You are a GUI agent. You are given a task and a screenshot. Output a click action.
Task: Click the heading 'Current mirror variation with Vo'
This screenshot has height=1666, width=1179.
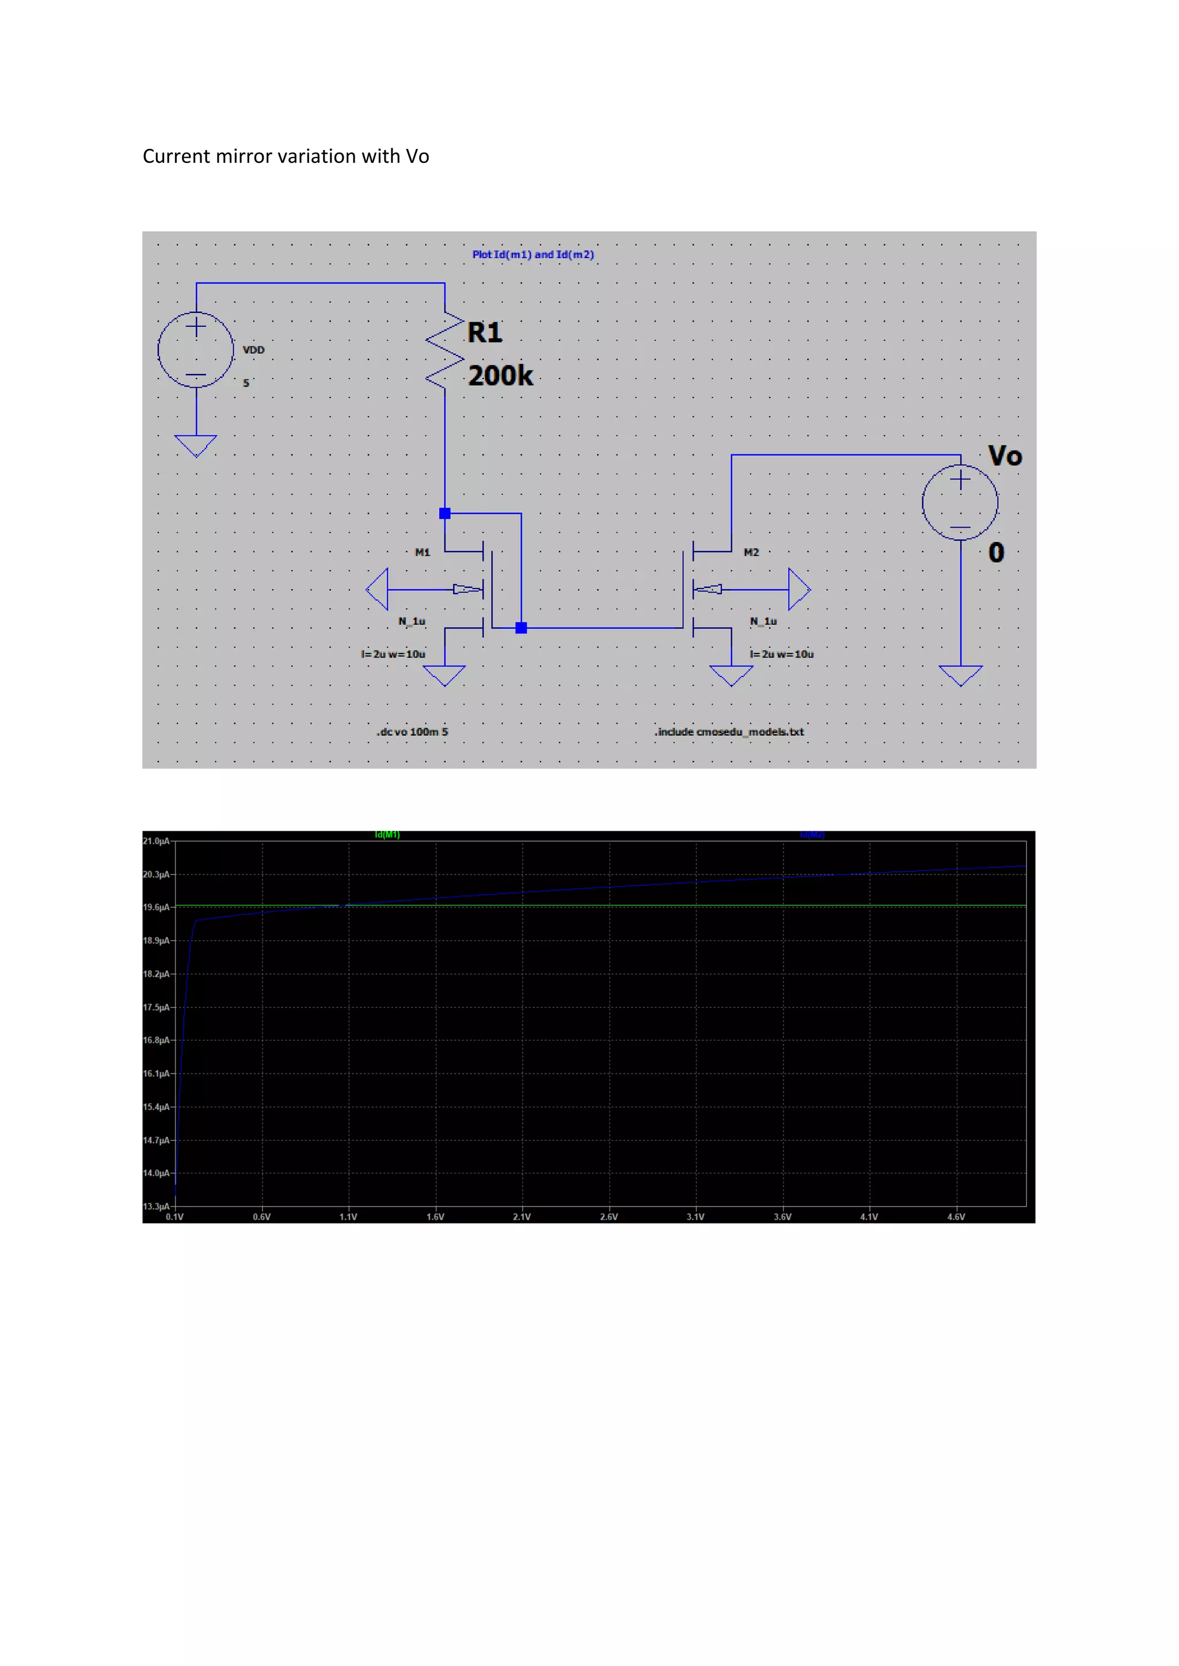point(286,156)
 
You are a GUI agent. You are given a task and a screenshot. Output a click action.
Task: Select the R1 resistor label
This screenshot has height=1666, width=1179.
point(484,333)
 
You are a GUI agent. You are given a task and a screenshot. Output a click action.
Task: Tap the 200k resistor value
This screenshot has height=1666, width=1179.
point(500,376)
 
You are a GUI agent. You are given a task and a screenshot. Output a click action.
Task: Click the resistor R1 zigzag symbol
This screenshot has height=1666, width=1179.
point(445,350)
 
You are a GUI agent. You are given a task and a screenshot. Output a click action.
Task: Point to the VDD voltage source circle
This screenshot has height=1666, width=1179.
point(196,350)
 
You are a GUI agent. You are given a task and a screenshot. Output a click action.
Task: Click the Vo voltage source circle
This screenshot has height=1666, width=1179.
point(960,502)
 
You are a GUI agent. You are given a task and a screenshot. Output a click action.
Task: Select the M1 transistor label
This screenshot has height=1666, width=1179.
point(423,552)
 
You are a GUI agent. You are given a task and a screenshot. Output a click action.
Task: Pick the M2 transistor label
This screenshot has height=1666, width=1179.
point(751,552)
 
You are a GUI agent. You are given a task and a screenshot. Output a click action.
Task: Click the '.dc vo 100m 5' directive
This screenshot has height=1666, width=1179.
point(412,731)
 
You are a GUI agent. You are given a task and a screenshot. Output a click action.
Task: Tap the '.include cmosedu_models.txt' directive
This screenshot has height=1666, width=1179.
point(729,731)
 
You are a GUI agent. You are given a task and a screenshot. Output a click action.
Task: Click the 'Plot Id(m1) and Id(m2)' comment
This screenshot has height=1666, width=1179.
point(533,255)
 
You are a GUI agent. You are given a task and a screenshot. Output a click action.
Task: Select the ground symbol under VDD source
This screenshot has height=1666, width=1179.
point(196,445)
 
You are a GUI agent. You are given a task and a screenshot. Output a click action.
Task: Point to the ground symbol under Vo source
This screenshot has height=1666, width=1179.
point(960,675)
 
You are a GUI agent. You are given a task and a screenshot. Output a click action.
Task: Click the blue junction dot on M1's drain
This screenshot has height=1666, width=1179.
point(445,514)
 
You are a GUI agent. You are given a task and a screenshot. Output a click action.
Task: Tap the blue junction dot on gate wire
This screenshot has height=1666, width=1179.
point(521,628)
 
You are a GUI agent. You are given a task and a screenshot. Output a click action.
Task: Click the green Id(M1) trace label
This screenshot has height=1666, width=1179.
point(387,835)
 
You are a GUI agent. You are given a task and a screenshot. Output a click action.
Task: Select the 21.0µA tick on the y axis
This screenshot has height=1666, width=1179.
point(156,841)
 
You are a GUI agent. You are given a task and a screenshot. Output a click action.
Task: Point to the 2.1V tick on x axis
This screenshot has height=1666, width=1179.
point(522,1217)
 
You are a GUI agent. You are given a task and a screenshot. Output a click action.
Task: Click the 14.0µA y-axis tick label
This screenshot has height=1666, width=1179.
point(156,1174)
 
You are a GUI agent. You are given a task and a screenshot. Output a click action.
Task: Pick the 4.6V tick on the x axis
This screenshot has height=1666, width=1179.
point(956,1217)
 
